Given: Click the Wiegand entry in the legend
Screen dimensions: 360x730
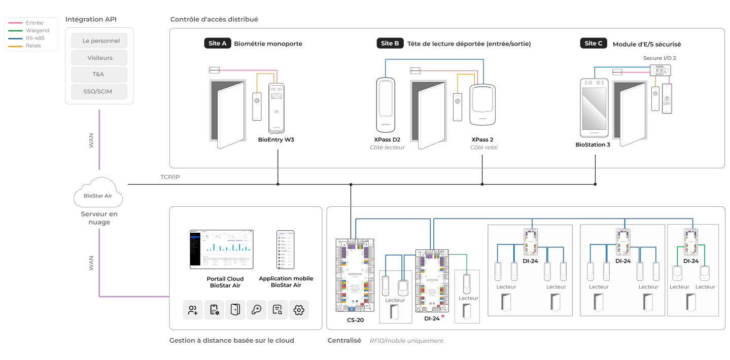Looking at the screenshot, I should [x=37, y=30].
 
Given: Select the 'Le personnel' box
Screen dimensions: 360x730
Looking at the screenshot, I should [x=99, y=41].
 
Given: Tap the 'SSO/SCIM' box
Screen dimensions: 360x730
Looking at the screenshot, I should [x=99, y=91].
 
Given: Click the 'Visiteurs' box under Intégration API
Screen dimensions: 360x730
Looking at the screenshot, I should [x=99, y=58].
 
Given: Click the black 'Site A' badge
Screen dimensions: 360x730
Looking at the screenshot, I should [x=217, y=44].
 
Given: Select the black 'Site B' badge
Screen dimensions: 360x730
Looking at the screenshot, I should [x=390, y=44].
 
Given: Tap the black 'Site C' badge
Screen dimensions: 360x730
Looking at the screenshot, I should [x=594, y=44].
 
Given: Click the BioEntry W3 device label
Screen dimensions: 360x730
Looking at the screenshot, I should [x=276, y=139].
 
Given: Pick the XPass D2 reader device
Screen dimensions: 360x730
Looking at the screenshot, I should [x=387, y=104].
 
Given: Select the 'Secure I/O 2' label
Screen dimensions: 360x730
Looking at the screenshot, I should [x=659, y=58].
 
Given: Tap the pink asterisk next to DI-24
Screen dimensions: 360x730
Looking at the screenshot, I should [x=443, y=316].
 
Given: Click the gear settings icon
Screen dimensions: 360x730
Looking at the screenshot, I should [x=299, y=310].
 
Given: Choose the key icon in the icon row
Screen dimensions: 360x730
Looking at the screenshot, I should [x=256, y=310].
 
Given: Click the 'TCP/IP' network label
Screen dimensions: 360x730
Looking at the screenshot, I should [x=170, y=177].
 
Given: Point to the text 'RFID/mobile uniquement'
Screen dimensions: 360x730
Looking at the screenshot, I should [x=406, y=341].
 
